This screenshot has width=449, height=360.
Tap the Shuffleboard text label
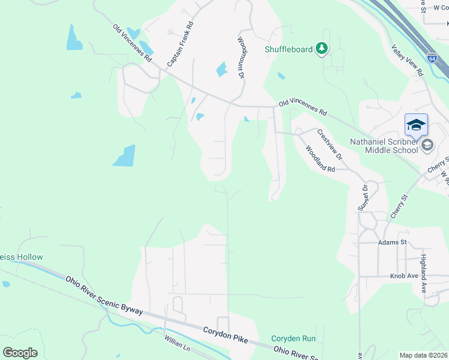(289, 49)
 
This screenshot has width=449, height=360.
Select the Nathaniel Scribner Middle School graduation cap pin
(416, 125)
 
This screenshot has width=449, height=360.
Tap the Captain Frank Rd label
(181, 44)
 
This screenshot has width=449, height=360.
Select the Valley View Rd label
(408, 61)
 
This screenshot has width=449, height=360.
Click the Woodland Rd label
(320, 159)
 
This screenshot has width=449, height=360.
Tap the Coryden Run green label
(294, 339)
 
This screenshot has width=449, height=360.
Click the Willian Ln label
(177, 347)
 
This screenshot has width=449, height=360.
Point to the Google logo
(20, 352)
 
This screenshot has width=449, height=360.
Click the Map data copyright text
(423, 355)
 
